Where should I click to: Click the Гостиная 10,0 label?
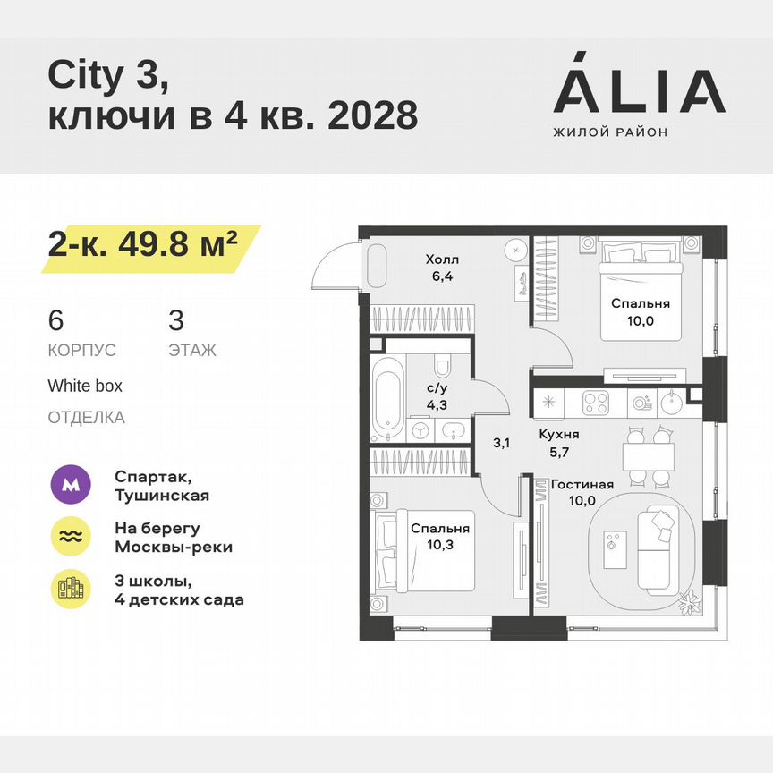[582, 492]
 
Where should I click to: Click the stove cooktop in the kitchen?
[596, 403]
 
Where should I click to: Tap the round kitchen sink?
[672, 403]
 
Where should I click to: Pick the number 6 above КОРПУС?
[55, 319]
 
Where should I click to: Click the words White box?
[85, 386]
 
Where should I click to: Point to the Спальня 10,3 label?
[439, 536]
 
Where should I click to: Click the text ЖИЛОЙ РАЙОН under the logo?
[610, 132]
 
